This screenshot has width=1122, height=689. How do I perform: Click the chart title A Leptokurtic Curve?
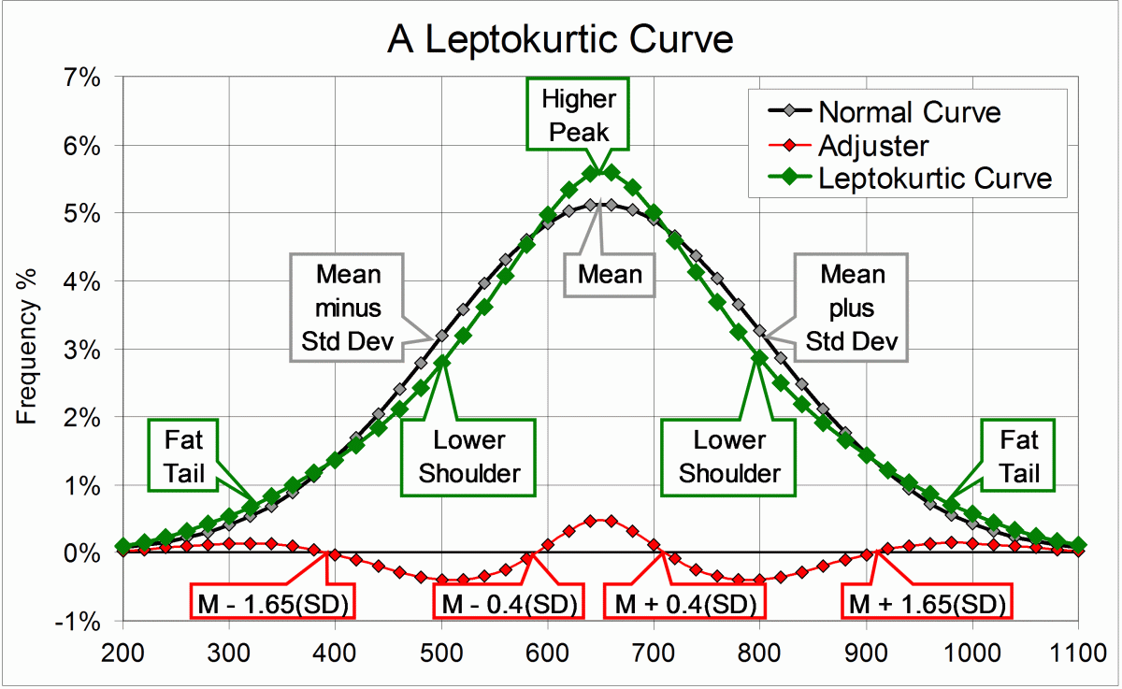tap(561, 39)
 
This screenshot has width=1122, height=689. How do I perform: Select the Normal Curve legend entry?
tap(908, 113)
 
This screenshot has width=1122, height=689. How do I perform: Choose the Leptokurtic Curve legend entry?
tap(935, 178)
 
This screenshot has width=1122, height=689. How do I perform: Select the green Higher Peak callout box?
tap(577, 115)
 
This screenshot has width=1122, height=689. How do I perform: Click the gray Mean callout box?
tap(610, 275)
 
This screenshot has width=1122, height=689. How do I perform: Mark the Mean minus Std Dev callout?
tap(348, 309)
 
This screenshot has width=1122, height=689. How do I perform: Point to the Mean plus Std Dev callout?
tap(852, 309)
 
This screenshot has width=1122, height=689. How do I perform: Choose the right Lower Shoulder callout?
tap(729, 457)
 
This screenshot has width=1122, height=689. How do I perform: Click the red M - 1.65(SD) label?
tap(272, 604)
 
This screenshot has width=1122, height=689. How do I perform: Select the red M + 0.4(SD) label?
tap(684, 604)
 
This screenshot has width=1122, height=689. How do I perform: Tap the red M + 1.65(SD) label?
tap(928, 604)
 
